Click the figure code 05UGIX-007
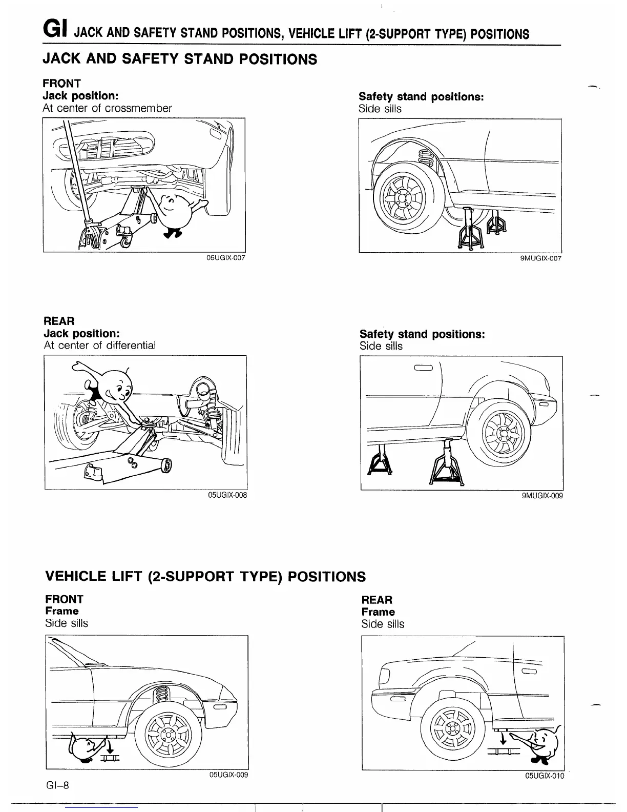tap(225, 258)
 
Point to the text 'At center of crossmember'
tap(108, 108)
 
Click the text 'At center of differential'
tap(100, 346)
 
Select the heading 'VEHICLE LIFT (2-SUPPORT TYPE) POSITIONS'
tap(206, 576)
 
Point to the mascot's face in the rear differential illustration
tap(117, 388)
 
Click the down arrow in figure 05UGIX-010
tap(503, 738)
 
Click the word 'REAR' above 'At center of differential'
tap(59, 321)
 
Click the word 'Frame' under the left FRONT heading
tap(61, 611)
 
